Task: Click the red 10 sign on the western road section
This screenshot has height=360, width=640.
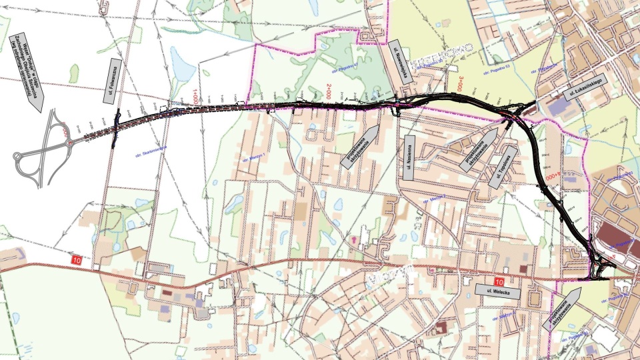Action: tap(77, 259)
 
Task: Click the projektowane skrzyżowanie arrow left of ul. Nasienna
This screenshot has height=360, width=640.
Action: tap(363, 145)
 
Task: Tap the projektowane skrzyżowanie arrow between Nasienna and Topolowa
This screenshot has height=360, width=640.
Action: tap(481, 149)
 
